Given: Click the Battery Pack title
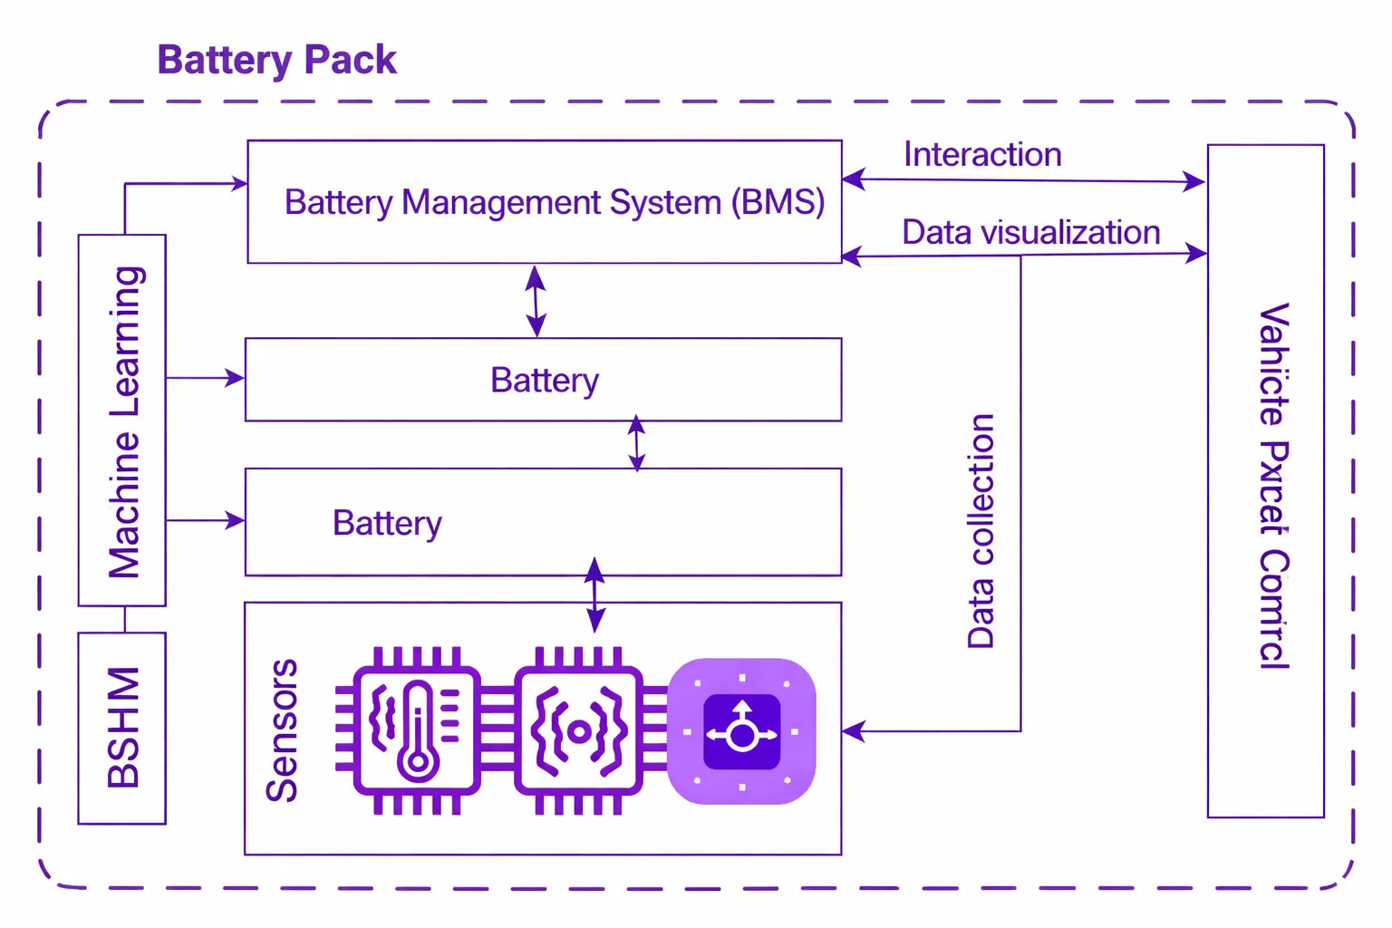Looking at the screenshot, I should [x=276, y=61].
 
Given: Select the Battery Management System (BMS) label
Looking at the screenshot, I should [x=554, y=202].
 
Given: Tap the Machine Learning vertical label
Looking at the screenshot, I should [x=124, y=422].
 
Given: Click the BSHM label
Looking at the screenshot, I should [x=123, y=727].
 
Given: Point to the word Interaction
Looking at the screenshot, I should [x=982, y=155].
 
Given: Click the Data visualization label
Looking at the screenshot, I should [x=1030, y=233].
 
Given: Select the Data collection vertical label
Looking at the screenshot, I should [x=981, y=531].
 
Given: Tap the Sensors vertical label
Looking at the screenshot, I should [x=282, y=730].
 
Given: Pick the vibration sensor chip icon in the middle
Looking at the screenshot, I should [x=578, y=730].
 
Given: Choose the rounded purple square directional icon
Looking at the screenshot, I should [x=741, y=731].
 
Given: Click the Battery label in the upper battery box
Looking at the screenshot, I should [x=544, y=381].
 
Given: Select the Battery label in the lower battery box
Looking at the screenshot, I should [x=387, y=524].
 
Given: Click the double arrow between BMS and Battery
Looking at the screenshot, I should [x=536, y=301].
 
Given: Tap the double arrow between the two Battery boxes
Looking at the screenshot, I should [x=637, y=443].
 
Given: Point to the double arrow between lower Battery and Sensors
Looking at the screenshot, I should [x=594, y=594].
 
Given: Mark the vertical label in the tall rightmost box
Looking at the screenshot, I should [x=1273, y=486].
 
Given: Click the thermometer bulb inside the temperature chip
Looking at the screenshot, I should [x=418, y=760].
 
